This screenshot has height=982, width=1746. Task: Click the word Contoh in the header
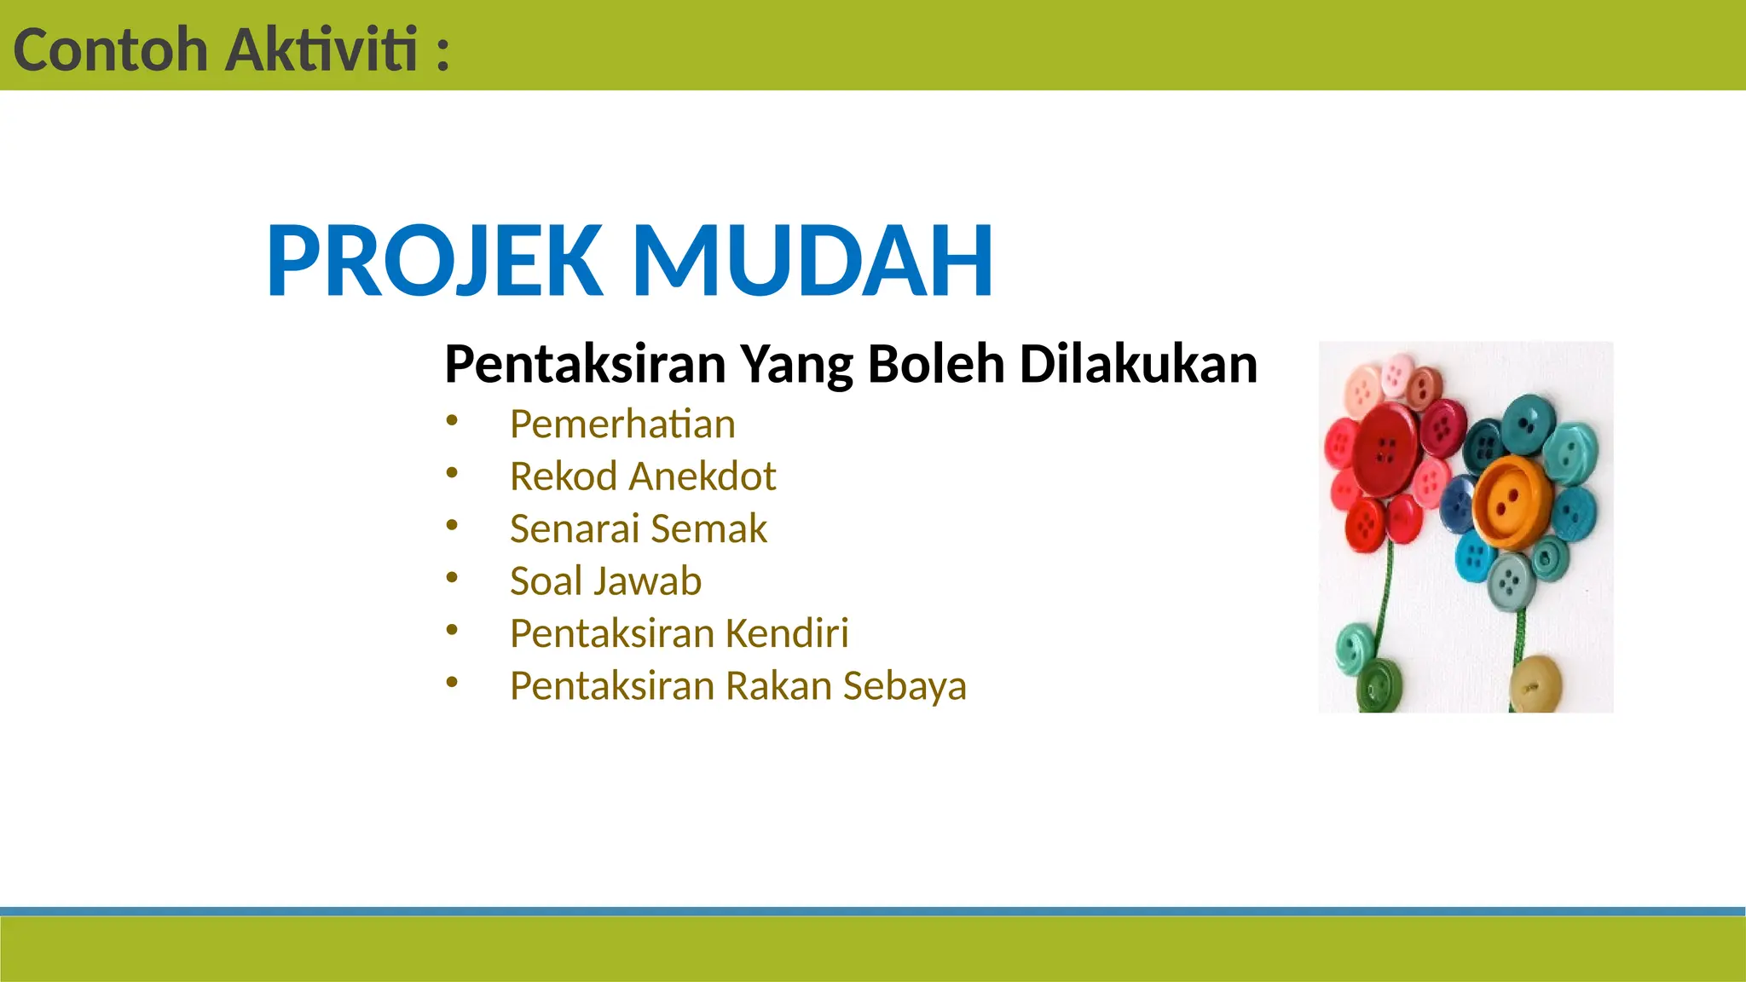[111, 50]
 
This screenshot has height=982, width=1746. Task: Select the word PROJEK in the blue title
[435, 260]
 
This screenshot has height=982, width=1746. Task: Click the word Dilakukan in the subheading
[1138, 364]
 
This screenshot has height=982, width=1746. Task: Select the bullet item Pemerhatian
[622, 425]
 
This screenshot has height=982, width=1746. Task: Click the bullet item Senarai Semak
[638, 529]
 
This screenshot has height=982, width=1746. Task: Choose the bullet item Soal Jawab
[605, 581]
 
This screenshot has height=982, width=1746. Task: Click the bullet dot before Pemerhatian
[452, 419]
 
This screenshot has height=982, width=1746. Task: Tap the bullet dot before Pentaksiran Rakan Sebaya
[452, 681]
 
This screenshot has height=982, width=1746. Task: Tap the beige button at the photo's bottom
[1535, 685]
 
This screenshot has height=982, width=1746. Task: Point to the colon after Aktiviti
[442, 53]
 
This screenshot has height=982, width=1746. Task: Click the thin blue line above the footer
[873, 911]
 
